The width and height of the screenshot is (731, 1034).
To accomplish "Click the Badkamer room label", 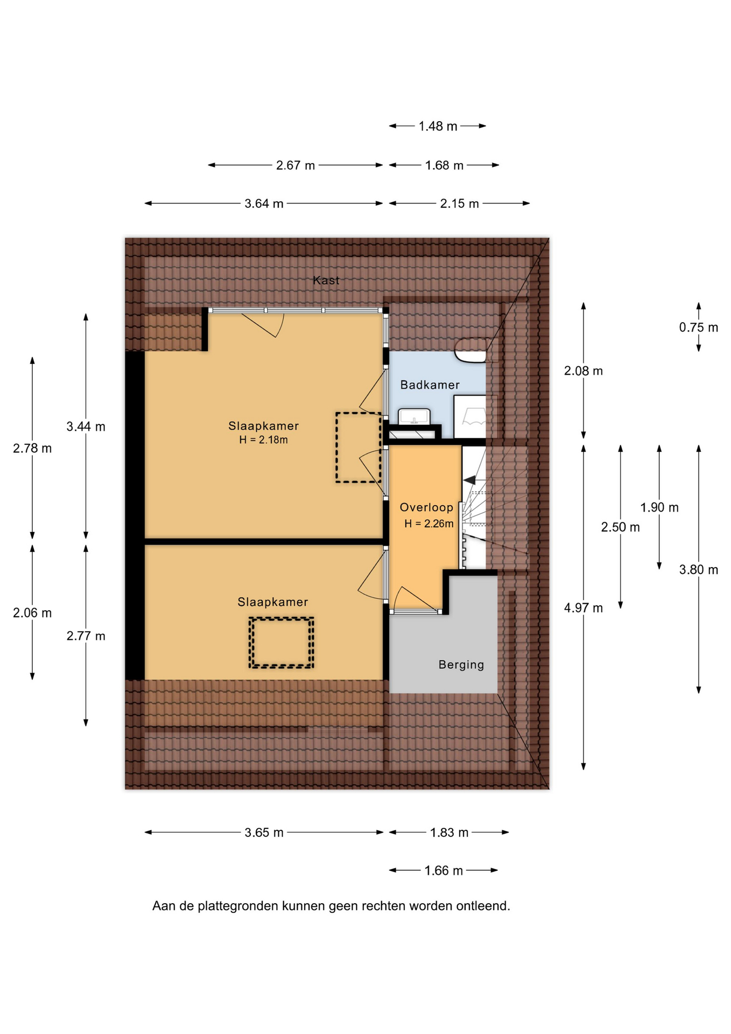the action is [x=430, y=385].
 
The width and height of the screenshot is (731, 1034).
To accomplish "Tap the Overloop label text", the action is [x=426, y=507].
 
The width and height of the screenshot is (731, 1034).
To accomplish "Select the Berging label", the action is [x=461, y=665].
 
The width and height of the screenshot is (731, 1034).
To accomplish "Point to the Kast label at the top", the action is [x=326, y=280].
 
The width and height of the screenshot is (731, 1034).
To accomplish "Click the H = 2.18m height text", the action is [x=263, y=439].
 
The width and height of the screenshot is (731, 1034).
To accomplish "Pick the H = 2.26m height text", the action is [x=429, y=523].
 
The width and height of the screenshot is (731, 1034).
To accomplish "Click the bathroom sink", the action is [x=414, y=416].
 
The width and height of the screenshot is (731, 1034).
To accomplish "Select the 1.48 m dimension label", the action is [x=438, y=126].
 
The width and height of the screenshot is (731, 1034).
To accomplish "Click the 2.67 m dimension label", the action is [x=296, y=165].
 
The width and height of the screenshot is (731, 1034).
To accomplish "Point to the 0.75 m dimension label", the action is [x=699, y=327].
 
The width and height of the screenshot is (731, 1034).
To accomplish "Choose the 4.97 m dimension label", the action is [x=584, y=608].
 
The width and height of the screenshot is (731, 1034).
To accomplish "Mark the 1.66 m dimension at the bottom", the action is [x=444, y=871].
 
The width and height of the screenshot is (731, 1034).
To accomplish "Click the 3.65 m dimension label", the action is [x=264, y=833].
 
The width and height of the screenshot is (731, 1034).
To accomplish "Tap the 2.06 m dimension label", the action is [x=32, y=613].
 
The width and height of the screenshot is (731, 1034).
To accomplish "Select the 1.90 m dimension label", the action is [x=659, y=507].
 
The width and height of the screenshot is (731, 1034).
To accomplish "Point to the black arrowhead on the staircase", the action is [x=469, y=480].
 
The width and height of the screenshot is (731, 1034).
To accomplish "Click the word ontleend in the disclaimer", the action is [x=483, y=906].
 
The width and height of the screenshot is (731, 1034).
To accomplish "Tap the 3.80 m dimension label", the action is [x=699, y=570].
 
